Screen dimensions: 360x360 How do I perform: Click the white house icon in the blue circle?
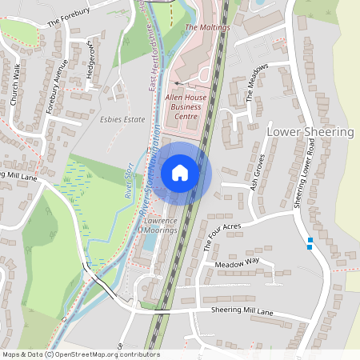pos(180,171)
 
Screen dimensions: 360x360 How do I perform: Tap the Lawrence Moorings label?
pos(160,225)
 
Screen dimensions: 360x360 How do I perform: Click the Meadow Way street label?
pos(238,262)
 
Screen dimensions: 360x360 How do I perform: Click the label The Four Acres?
pos(222,237)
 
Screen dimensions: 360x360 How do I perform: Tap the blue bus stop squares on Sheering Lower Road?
pos(310,242)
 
